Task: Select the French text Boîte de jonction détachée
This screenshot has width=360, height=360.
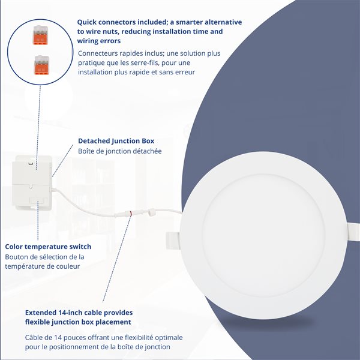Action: [120, 151]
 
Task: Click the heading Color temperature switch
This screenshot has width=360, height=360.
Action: [48, 247]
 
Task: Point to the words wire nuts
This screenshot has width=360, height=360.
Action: [105, 31]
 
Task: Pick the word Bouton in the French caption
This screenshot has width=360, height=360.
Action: [19, 257]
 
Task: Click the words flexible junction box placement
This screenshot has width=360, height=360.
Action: [79, 322]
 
